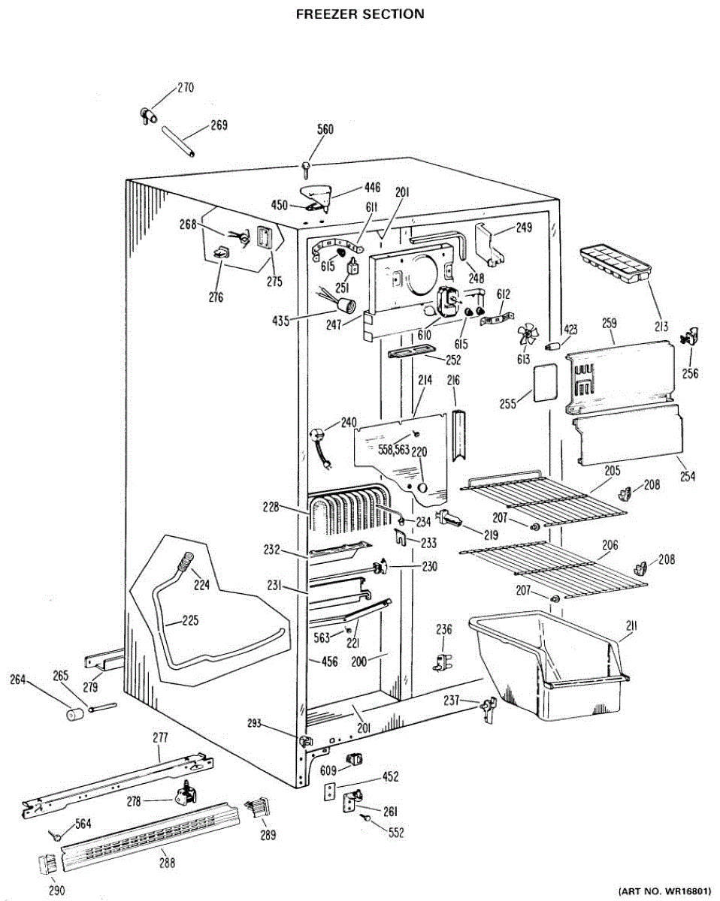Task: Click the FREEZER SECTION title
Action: [x=360, y=14]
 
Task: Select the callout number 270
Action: [x=185, y=88]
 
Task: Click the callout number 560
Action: [x=325, y=129]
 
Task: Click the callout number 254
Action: [x=687, y=476]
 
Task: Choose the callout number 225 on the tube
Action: [x=190, y=621]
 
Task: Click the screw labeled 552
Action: [x=365, y=818]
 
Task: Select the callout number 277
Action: [x=161, y=738]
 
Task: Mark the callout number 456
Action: [x=329, y=661]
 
